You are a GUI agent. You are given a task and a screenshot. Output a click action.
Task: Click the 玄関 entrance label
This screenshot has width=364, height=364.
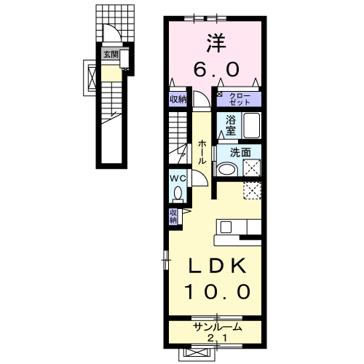(111, 55)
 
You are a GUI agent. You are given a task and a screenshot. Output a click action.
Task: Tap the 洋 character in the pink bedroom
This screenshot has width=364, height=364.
(216, 43)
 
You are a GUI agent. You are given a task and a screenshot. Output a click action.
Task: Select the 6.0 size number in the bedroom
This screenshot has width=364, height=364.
(216, 69)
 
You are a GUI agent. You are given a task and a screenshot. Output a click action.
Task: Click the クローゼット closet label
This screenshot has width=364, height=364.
(240, 99)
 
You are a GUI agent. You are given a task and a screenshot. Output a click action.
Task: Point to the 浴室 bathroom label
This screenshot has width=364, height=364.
(231, 125)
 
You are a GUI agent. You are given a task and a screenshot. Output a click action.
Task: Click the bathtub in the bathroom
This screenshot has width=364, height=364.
(252, 125)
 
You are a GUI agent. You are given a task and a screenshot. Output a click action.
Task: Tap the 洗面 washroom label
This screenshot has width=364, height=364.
(240, 153)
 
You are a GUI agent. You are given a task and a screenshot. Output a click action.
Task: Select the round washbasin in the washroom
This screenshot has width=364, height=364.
(227, 168)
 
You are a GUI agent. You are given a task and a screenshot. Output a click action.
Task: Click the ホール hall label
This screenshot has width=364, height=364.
(202, 153)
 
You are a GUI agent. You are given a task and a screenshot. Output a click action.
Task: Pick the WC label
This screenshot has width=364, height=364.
(178, 179)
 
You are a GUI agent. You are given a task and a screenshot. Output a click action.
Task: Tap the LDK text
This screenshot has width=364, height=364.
(218, 266)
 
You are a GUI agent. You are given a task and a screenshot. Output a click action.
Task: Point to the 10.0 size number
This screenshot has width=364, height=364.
(217, 291)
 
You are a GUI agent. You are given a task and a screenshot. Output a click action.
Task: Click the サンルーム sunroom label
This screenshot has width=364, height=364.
(218, 328)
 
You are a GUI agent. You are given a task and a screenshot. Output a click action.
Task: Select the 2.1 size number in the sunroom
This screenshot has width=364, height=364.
(217, 338)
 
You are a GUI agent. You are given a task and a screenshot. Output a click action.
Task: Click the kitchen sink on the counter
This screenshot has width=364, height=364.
(226, 227)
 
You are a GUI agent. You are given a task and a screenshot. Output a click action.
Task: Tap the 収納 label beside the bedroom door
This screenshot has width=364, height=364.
(178, 99)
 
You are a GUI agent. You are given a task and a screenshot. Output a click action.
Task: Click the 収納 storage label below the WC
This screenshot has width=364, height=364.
(173, 216)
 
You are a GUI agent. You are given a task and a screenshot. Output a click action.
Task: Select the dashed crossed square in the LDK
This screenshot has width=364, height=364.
(252, 191)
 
